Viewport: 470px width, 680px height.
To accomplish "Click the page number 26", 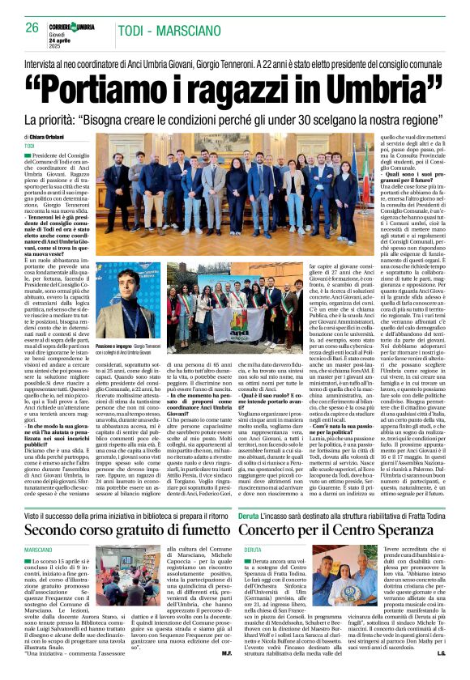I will click(32, 28).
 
